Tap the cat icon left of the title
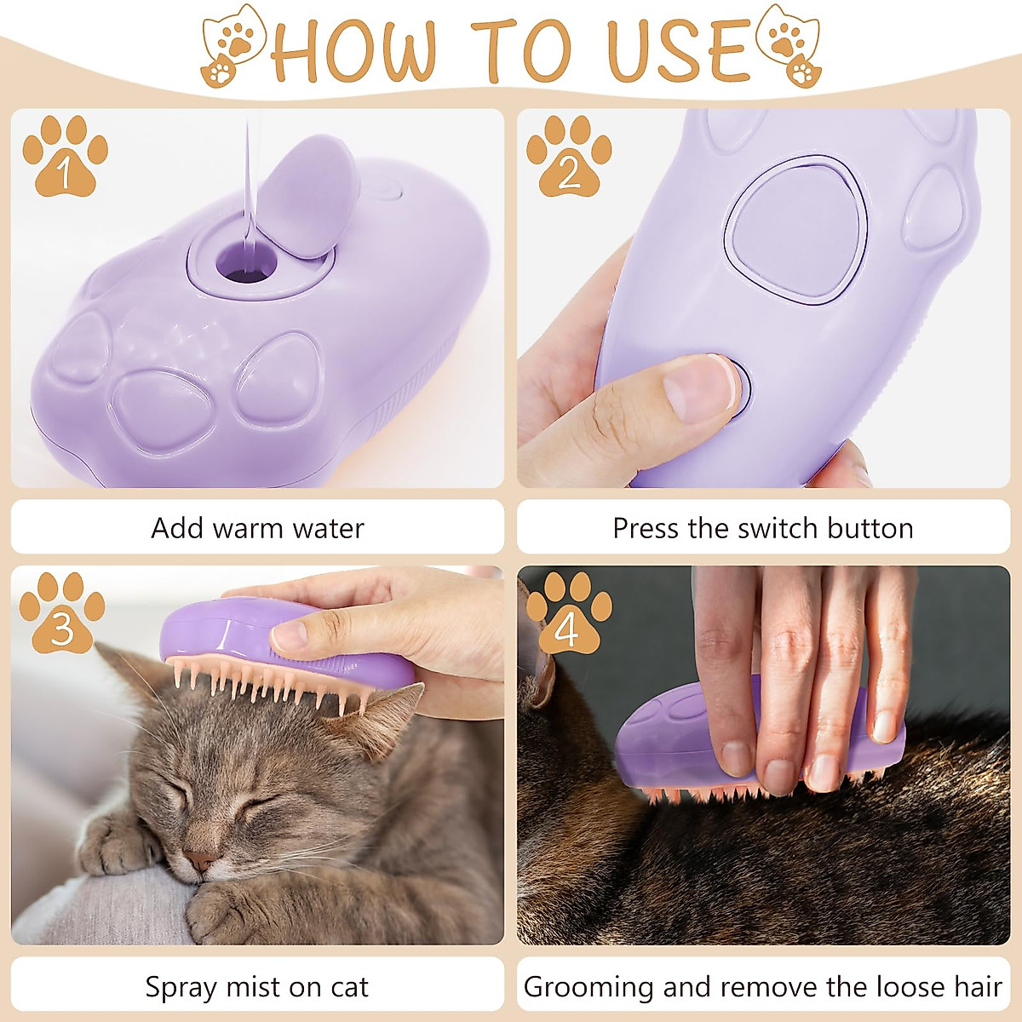tap(232, 46)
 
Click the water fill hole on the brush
tap(246, 263)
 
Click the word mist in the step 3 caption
tap(252, 988)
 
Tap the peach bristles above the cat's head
tap(273, 681)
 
